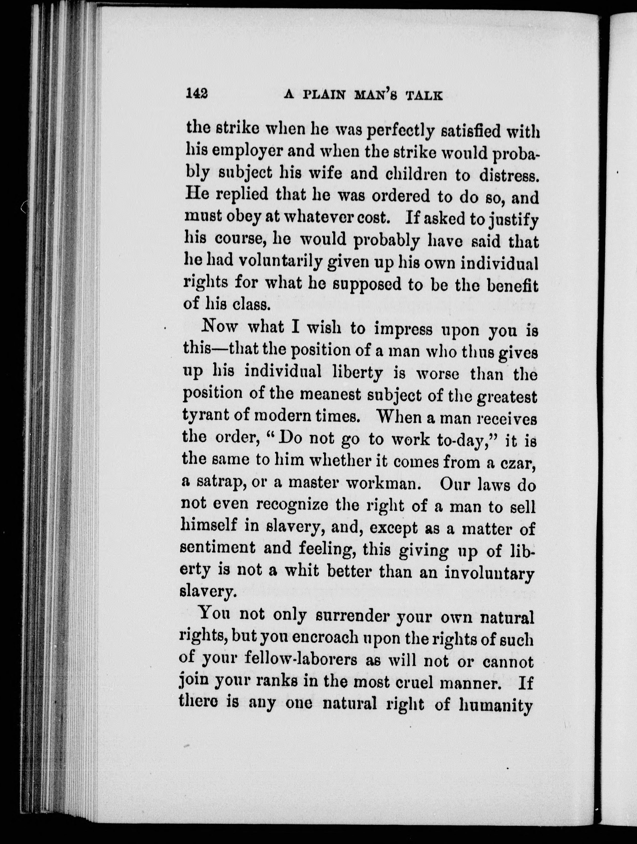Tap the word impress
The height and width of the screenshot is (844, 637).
[403, 329]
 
